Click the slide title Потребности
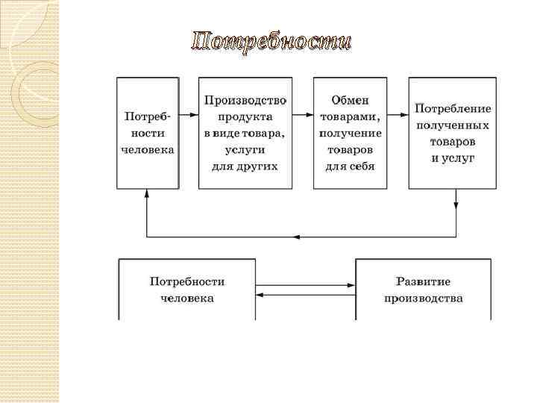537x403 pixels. point(270,41)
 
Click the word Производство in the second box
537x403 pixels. point(245,100)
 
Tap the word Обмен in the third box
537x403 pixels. point(350,100)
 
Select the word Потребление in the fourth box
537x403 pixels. point(453,108)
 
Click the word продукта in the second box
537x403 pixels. point(245,116)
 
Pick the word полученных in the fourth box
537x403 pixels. point(453,125)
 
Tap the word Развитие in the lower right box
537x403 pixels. point(423,282)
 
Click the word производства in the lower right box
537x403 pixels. point(423,299)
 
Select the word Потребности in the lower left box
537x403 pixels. point(187,282)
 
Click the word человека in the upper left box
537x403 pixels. point(148,149)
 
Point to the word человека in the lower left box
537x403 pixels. point(187,299)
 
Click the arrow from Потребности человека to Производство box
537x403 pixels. point(189,116)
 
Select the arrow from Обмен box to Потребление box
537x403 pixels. point(398,116)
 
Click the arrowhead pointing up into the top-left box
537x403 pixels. point(147,193)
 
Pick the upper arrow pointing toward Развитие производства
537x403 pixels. point(305,284)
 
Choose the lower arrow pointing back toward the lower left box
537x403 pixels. point(305,295)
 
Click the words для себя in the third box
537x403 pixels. point(349,166)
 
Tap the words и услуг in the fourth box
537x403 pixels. point(453,157)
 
